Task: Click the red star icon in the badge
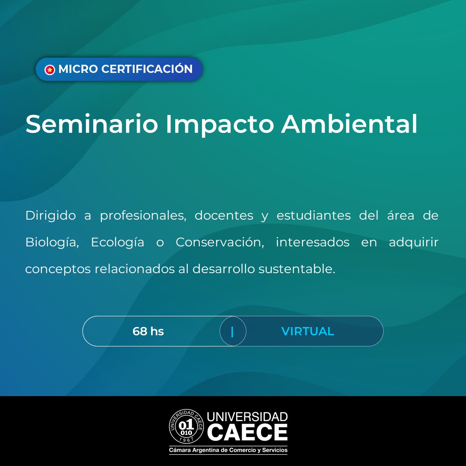click(50, 69)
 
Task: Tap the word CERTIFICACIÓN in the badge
click(147, 69)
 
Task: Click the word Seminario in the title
click(91, 124)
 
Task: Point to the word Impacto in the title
click(220, 125)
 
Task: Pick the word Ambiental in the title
click(349, 124)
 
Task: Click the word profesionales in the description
click(143, 216)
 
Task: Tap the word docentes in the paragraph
click(224, 215)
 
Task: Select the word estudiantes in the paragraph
click(314, 215)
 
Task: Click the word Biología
click(52, 242)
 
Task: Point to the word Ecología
click(117, 242)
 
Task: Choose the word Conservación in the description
click(220, 242)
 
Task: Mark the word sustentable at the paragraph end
click(296, 269)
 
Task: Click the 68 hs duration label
click(148, 331)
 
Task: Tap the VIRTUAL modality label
click(308, 331)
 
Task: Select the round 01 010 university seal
click(186, 426)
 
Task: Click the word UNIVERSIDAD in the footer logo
click(247, 417)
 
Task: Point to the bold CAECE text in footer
click(247, 432)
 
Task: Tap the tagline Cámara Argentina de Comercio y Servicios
click(228, 450)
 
